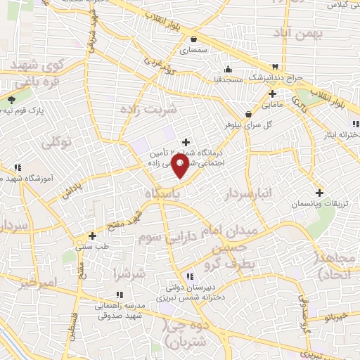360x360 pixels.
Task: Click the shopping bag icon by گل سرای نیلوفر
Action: tap(248, 113)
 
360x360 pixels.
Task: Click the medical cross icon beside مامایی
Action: tap(271, 94)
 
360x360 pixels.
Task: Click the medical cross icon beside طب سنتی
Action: tap(92, 236)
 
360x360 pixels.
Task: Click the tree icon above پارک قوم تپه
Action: tap(11, 99)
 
